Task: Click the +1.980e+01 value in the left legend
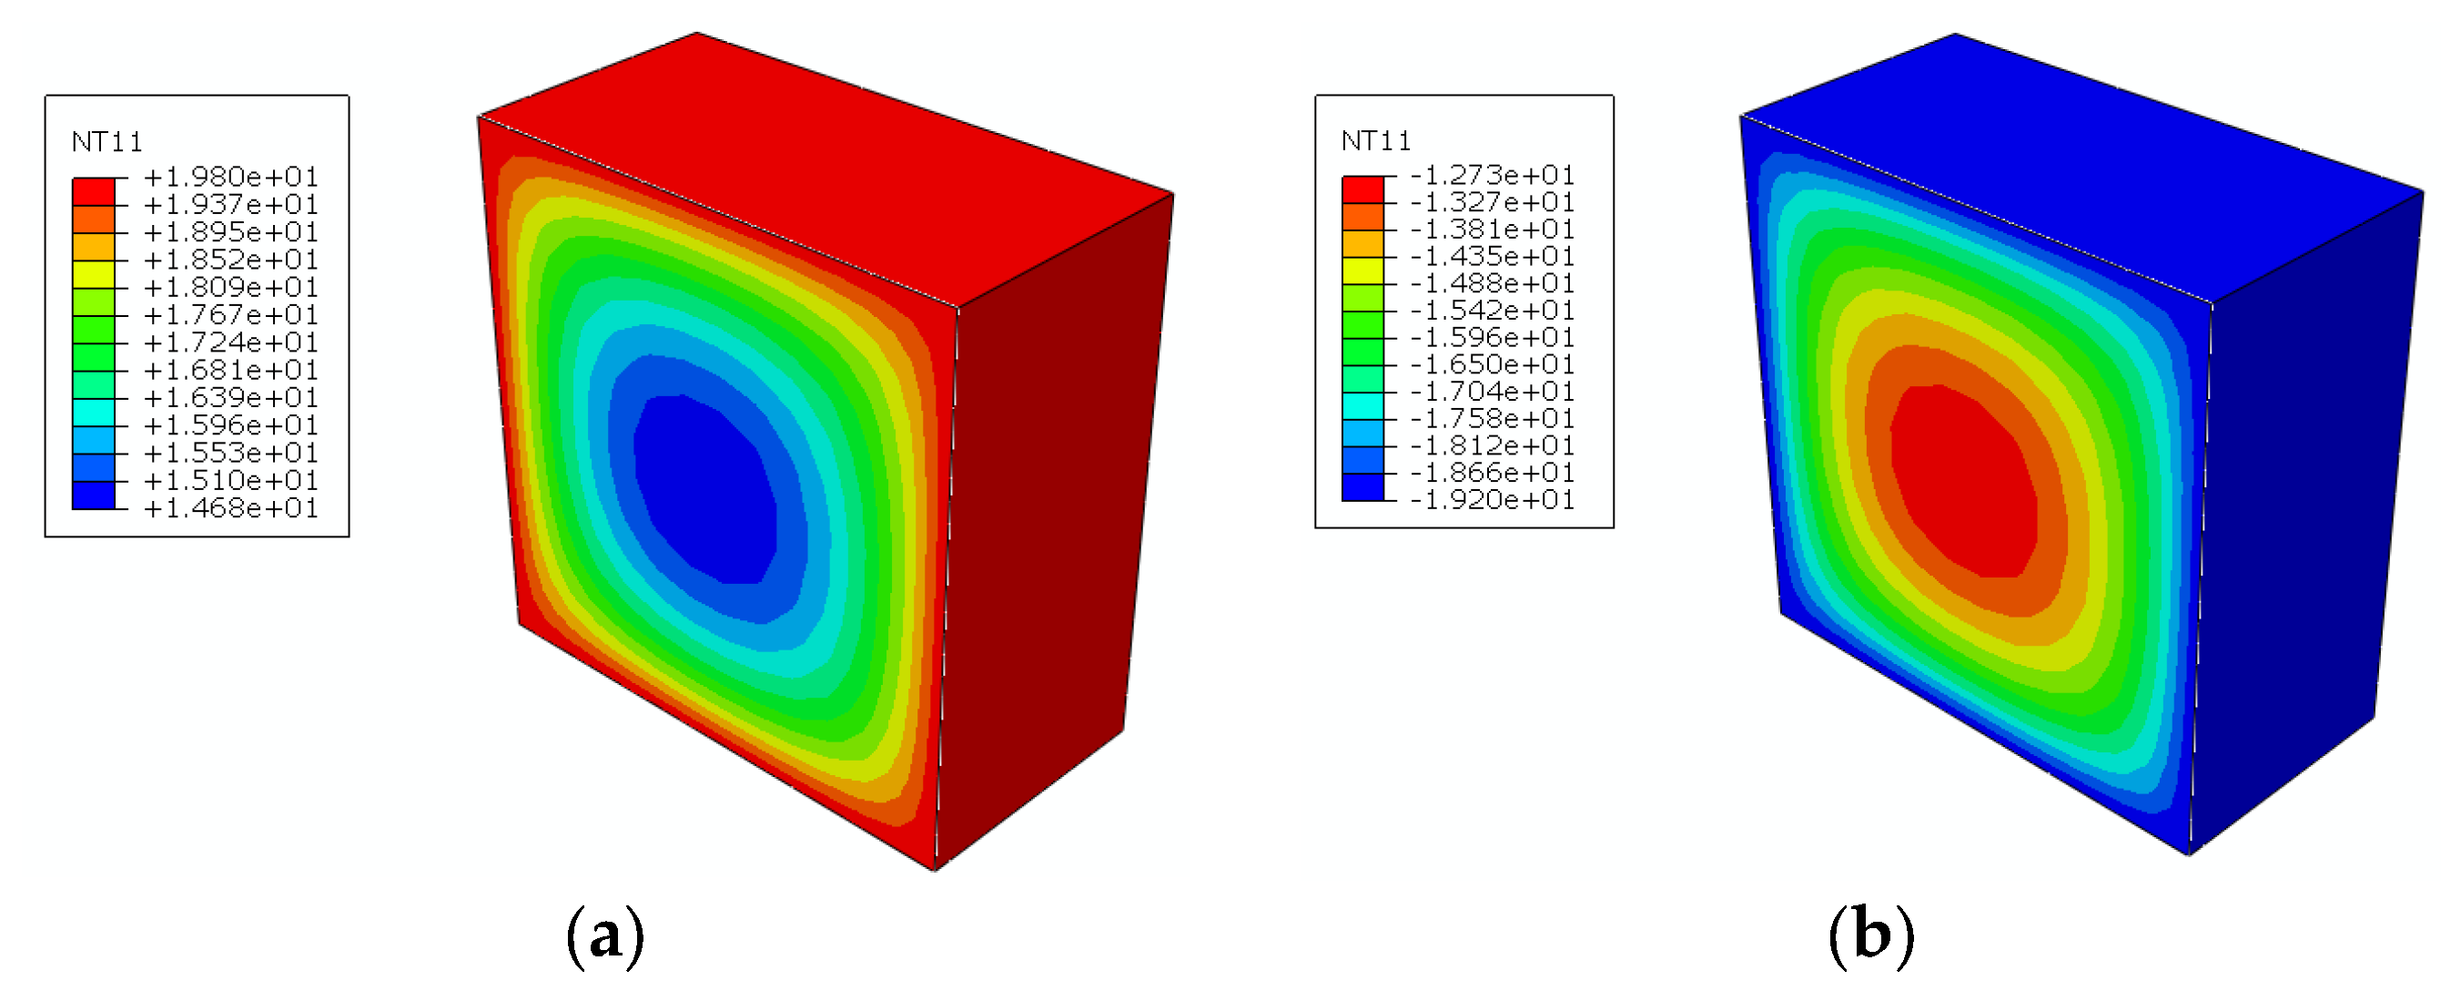point(230,177)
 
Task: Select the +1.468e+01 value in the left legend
point(230,508)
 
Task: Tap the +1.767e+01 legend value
point(230,315)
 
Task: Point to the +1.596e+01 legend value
point(230,425)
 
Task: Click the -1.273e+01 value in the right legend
point(1492,175)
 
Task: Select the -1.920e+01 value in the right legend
point(1492,500)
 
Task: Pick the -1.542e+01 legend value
point(1492,311)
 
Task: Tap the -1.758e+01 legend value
point(1492,419)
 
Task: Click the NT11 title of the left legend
point(106,143)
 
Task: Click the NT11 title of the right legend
point(1376,142)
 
